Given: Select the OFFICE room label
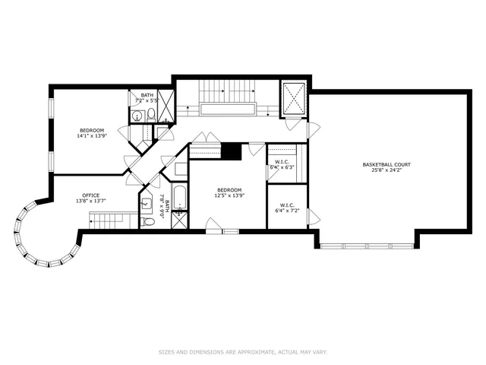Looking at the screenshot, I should pyautogui.click(x=90, y=195).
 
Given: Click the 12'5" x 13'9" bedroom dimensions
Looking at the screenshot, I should pyautogui.click(x=229, y=196).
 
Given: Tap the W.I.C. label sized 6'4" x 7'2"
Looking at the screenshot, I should pyautogui.click(x=286, y=205).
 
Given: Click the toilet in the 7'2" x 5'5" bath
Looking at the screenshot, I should pyautogui.click(x=151, y=116).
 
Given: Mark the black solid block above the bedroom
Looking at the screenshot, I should pyautogui.click(x=232, y=151).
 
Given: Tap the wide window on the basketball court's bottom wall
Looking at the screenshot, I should pyautogui.click(x=368, y=246).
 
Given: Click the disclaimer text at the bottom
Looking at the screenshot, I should pyautogui.click(x=243, y=351).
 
